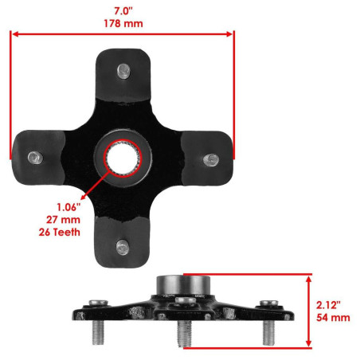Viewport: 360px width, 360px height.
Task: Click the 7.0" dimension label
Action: [123, 11]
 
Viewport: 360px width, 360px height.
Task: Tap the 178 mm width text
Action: [123, 23]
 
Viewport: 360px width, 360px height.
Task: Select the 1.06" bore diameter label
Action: [68, 207]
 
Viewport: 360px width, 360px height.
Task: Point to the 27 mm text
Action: [63, 220]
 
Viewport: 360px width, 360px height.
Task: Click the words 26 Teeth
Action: [60, 232]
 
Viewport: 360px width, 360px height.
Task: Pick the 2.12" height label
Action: [328, 305]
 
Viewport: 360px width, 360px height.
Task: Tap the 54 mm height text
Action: [333, 318]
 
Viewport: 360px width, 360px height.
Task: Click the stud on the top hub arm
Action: [123, 71]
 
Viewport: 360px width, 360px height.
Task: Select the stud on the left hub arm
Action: [35, 158]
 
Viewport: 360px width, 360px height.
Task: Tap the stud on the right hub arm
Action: [211, 160]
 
